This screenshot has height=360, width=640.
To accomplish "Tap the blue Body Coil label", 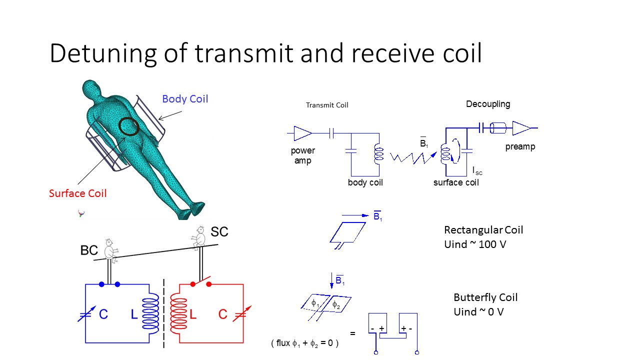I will [x=185, y=99].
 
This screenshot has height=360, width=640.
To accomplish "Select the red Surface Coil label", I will [x=77, y=193].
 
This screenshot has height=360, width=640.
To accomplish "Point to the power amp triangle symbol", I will [x=302, y=133].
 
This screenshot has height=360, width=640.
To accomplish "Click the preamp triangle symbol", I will [x=521, y=128].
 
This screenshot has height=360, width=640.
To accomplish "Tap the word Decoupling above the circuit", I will [x=488, y=104].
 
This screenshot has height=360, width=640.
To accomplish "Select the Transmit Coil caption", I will [x=327, y=105].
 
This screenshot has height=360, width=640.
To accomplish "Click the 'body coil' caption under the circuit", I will [x=365, y=182].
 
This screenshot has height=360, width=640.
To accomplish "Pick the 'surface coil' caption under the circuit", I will [x=456, y=182].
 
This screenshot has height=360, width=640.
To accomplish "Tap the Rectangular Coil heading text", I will [x=483, y=230].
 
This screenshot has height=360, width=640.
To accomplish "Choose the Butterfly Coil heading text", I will [x=485, y=297].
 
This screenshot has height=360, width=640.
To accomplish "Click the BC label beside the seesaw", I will [x=89, y=250].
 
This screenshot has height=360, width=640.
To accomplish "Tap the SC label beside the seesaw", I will [x=219, y=232].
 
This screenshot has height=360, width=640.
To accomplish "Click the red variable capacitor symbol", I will [x=241, y=313].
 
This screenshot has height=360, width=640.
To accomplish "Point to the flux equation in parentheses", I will [x=305, y=343].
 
